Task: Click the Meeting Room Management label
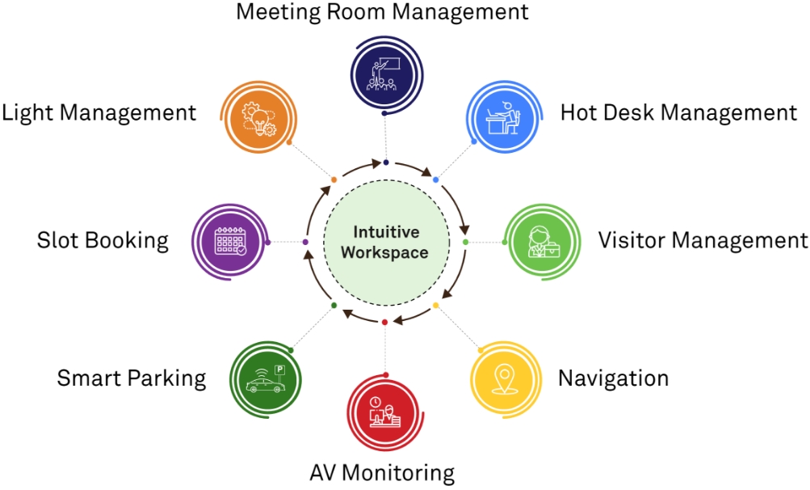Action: tap(382, 12)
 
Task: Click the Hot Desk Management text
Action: tap(678, 112)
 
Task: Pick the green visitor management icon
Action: tap(542, 241)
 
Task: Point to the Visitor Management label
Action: tap(702, 240)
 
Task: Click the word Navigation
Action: tap(613, 378)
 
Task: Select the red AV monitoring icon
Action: tap(383, 412)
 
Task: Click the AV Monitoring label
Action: tap(382, 472)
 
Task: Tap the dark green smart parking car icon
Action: tap(265, 378)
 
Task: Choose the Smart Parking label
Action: tap(131, 378)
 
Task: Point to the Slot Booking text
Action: tap(103, 240)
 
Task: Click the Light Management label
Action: tap(99, 112)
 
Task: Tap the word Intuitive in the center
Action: tap(385, 233)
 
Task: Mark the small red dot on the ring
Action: tap(384, 323)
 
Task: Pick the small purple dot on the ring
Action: tap(305, 242)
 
